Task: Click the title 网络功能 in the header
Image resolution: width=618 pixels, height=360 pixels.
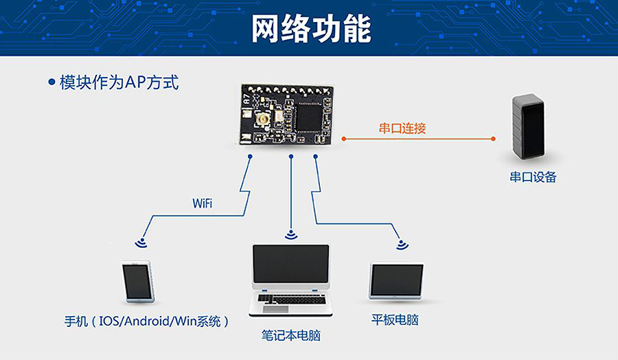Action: (311, 28)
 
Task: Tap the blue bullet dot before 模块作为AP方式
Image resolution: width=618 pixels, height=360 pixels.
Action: (51, 82)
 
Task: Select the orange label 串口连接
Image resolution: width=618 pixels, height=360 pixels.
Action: (402, 128)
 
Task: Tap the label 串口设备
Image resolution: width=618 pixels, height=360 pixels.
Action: (532, 177)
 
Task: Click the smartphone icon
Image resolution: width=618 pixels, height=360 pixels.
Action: (138, 282)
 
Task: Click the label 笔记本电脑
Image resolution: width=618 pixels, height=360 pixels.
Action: (291, 336)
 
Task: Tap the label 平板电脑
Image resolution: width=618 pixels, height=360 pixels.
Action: (395, 319)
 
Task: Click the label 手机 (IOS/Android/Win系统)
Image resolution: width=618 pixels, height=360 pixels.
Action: (146, 321)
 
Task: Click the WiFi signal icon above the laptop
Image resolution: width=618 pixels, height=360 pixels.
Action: (291, 234)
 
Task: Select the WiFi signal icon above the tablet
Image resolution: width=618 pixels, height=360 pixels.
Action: (400, 243)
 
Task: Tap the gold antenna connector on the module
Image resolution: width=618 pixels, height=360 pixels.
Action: (262, 123)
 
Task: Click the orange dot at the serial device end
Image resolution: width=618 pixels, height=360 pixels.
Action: (492, 138)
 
